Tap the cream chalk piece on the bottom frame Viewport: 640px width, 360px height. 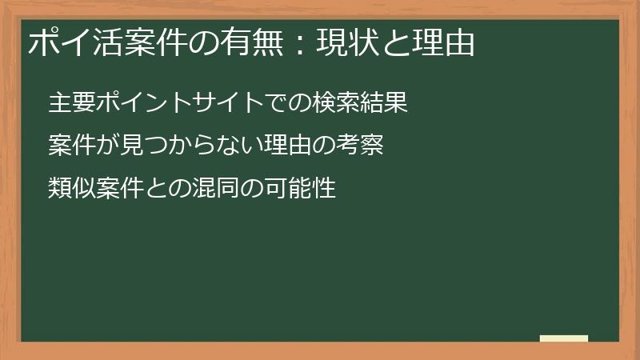[564, 339]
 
